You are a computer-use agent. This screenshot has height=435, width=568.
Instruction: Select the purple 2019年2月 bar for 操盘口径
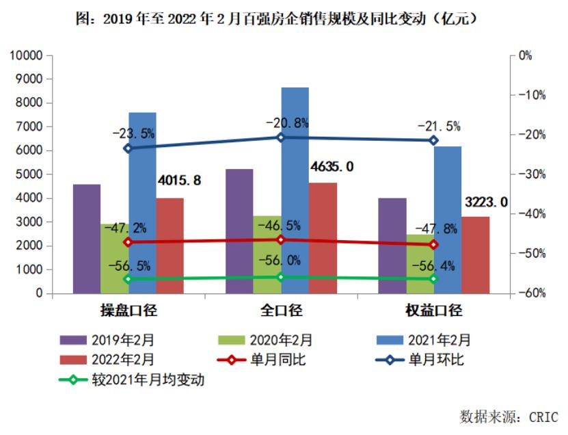tap(87, 239)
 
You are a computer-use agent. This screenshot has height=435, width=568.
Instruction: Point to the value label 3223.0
tap(486, 202)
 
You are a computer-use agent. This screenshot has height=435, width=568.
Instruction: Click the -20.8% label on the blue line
tap(287, 123)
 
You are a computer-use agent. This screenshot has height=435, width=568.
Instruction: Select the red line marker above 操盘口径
tap(128, 242)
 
